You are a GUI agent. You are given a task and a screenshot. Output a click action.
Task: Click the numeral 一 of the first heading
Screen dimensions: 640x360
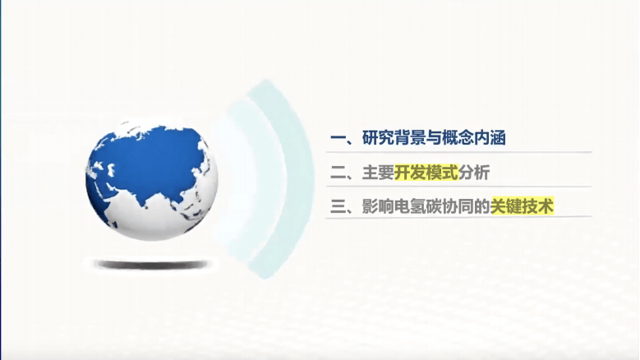(x=338, y=138)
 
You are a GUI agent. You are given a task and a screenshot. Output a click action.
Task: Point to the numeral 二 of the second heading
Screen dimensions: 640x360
(x=338, y=173)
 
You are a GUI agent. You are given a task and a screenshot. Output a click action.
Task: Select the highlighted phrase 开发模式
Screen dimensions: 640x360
(x=426, y=173)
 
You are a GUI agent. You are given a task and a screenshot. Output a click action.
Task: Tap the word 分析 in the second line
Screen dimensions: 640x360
(x=474, y=173)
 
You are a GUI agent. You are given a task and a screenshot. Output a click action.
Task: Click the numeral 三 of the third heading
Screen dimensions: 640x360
(x=338, y=206)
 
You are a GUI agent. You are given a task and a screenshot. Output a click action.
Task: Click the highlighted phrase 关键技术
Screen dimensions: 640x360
(x=522, y=206)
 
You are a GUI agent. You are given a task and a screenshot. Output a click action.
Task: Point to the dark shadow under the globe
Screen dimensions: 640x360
(x=151, y=265)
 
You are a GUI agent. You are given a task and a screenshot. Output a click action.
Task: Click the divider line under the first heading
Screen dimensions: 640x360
(x=458, y=152)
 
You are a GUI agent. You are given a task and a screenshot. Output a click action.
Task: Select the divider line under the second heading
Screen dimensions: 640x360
(x=458, y=187)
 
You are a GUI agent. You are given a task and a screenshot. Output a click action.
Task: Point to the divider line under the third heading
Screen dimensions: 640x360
(x=458, y=217)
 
